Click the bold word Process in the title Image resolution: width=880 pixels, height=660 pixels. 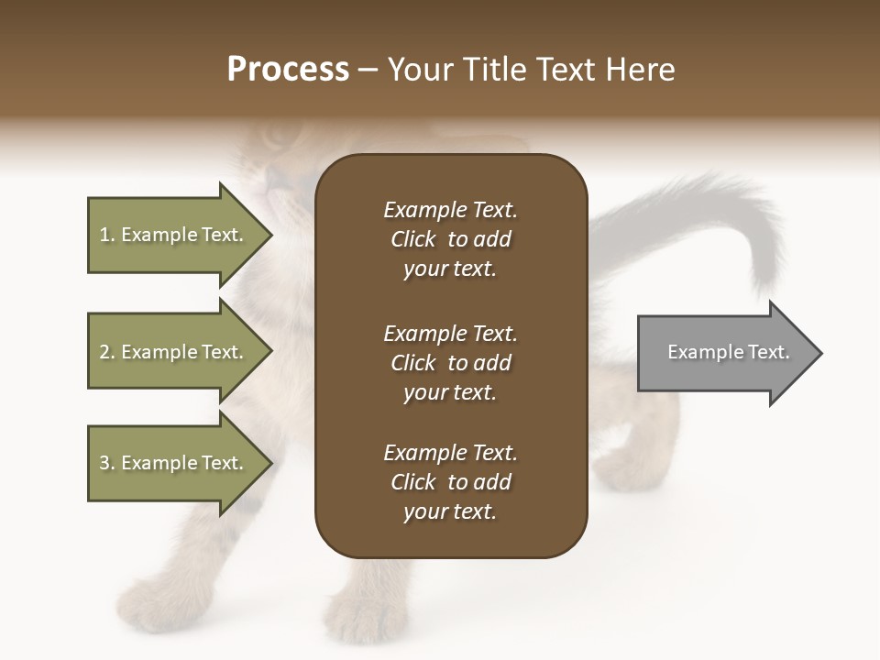pyautogui.click(x=288, y=70)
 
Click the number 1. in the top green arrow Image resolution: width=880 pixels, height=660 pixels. pyautogui.click(x=107, y=235)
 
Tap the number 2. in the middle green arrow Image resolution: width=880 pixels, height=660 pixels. pyautogui.click(x=107, y=352)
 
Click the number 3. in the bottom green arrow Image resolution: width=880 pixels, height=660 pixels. pyautogui.click(x=107, y=463)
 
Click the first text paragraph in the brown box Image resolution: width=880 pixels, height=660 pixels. pyautogui.click(x=450, y=239)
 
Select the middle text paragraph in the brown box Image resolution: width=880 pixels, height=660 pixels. pyautogui.click(x=450, y=363)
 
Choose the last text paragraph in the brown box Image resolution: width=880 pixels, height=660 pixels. pyautogui.click(x=450, y=482)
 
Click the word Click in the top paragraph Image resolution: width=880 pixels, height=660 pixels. pyautogui.click(x=413, y=239)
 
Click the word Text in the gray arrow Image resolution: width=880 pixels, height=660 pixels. pyautogui.click(x=769, y=352)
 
